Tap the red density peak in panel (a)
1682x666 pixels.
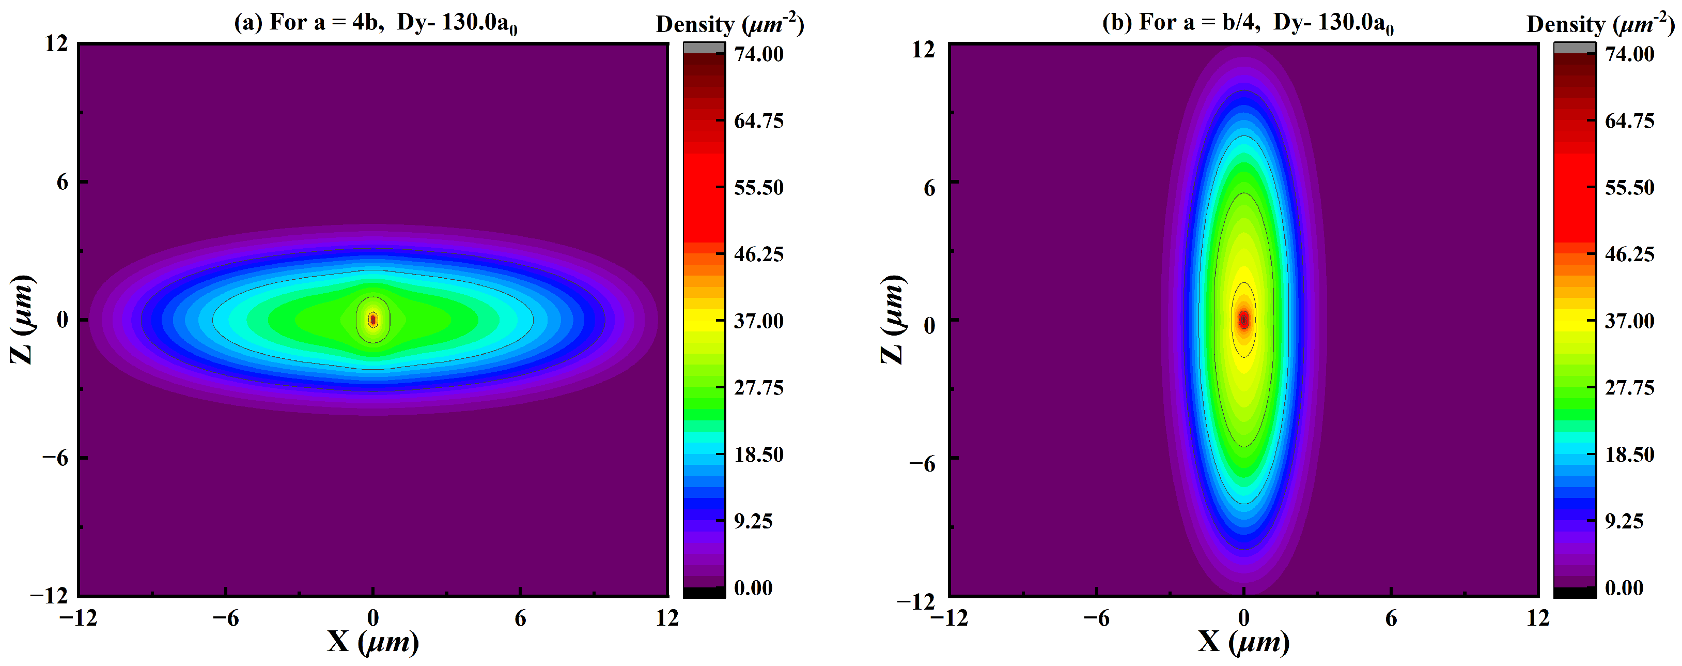(373, 320)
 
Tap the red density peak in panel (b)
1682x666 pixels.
(1244, 320)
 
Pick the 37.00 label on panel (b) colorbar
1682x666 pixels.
(1630, 321)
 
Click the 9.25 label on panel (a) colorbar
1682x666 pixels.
(753, 521)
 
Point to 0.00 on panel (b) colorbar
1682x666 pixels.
(1624, 587)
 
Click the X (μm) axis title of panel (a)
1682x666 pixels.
(373, 642)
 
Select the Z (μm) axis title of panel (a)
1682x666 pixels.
(22, 320)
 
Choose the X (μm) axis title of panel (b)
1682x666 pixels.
(1244, 642)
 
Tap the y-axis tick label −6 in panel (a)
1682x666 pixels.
(55, 458)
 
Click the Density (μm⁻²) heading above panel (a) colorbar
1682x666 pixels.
(729, 24)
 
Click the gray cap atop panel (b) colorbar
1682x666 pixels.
(1575, 48)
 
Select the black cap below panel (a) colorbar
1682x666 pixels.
(704, 592)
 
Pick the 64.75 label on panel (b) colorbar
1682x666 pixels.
(1630, 121)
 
